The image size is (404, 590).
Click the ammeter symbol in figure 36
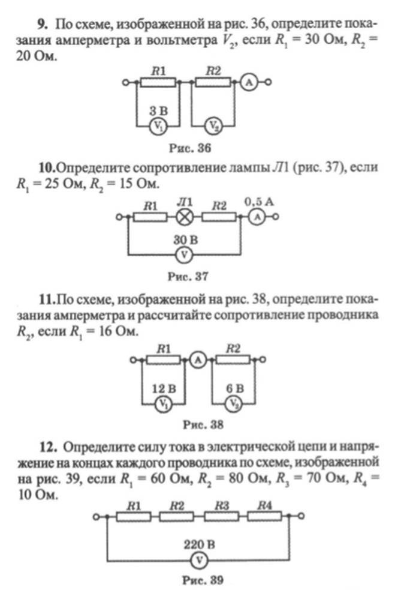(x=248, y=82)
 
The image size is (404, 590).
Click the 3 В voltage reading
(x=158, y=111)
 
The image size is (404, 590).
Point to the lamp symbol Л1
(x=185, y=217)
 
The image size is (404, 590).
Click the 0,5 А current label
(x=260, y=202)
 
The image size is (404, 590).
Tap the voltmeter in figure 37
(x=184, y=256)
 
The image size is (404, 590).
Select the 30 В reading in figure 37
(x=185, y=239)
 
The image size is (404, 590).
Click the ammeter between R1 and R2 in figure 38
(x=198, y=361)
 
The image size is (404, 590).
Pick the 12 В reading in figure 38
(x=164, y=388)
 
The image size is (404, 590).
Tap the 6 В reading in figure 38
(x=235, y=388)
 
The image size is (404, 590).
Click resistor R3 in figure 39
(x=221, y=517)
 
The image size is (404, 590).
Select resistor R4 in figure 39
(x=264, y=517)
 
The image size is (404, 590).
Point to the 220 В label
(x=200, y=544)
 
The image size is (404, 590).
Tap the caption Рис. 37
(x=188, y=277)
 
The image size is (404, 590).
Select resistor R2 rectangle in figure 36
(x=213, y=82)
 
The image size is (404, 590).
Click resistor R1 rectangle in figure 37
(x=150, y=217)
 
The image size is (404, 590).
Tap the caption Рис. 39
(x=203, y=580)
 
